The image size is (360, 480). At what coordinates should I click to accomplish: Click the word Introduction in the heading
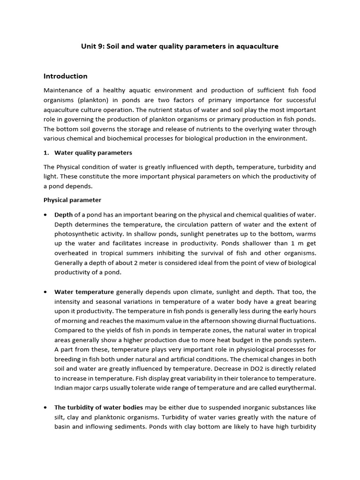point(65,76)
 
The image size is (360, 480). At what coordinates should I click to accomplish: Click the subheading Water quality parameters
point(93,152)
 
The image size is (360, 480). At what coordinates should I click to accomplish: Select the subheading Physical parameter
point(72,200)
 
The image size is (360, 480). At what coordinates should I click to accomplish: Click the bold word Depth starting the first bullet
point(63,214)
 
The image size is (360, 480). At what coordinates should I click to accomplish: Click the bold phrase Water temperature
point(84,292)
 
